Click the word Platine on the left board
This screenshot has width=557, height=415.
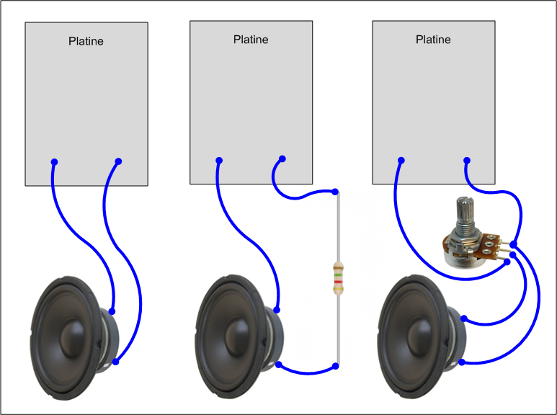pyautogui.click(x=86, y=41)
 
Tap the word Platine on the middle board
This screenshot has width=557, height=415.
pyautogui.click(x=251, y=39)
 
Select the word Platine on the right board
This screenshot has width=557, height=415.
pyautogui.click(x=433, y=40)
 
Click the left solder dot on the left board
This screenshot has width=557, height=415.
pyautogui.click(x=55, y=161)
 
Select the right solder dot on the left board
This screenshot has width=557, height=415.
pyautogui.click(x=118, y=161)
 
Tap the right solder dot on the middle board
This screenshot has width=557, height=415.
pyautogui.click(x=282, y=159)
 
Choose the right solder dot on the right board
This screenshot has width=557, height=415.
pyautogui.click(x=466, y=159)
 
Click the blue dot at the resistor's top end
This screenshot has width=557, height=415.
pyautogui.click(x=335, y=192)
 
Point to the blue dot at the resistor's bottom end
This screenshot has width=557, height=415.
pyautogui.click(x=335, y=367)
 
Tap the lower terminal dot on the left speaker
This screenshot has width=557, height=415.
pyautogui.click(x=115, y=360)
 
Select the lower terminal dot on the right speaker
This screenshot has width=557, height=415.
pyautogui.click(x=462, y=362)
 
